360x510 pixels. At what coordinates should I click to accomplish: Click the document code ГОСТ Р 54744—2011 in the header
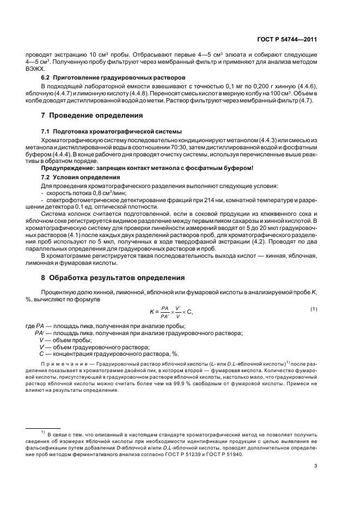290,40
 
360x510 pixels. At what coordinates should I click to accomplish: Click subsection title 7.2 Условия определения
80,178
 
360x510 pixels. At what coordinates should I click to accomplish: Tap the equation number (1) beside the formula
314,309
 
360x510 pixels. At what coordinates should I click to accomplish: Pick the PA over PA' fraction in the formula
166,312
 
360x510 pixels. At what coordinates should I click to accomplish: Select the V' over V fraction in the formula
178,312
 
